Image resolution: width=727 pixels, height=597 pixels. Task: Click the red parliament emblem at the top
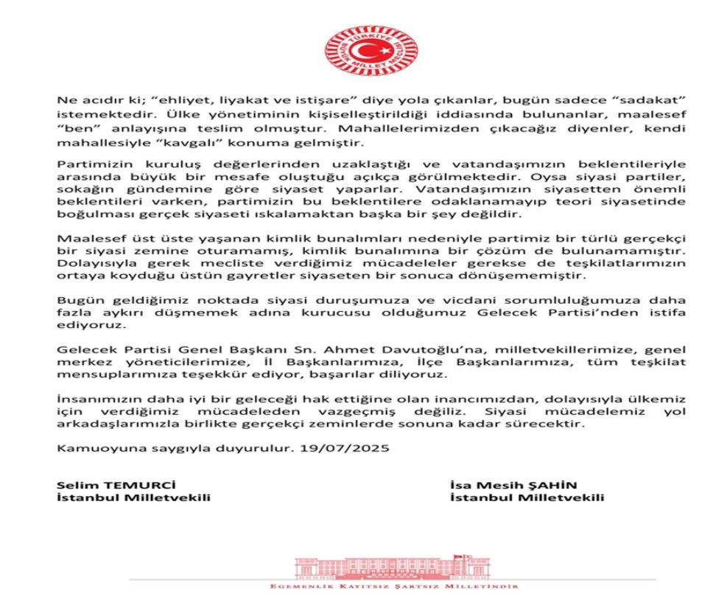366,50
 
